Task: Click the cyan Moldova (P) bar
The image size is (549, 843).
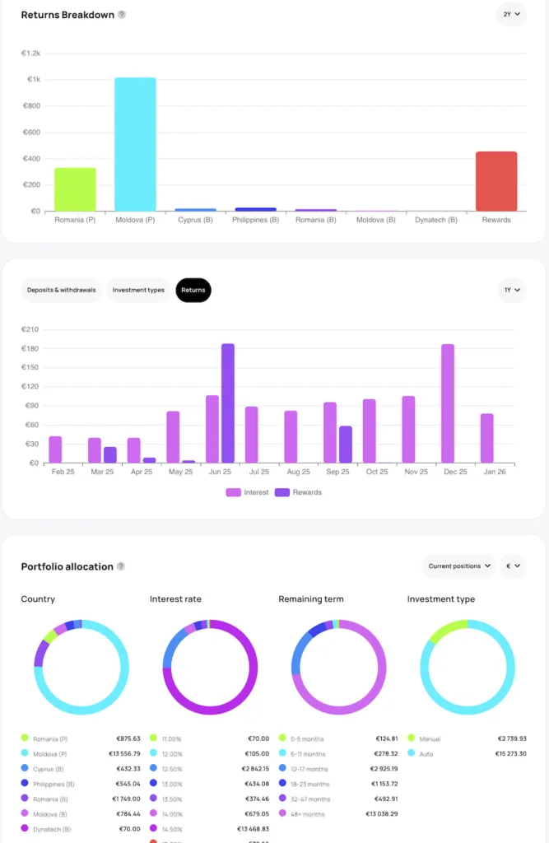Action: [135, 144]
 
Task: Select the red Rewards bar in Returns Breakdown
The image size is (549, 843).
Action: [496, 181]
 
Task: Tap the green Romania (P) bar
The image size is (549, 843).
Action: [75, 189]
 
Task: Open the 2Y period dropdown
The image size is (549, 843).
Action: [511, 14]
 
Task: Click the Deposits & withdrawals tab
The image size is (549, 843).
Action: [61, 290]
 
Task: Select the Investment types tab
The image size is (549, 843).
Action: [138, 290]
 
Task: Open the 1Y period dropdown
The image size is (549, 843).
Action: [511, 290]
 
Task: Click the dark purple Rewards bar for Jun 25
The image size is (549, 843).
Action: [228, 403]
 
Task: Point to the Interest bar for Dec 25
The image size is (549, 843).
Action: [448, 403]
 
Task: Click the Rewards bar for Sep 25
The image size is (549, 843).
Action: [346, 445]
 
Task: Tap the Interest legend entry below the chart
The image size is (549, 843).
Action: [248, 492]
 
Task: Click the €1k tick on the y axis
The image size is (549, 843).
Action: [34, 80]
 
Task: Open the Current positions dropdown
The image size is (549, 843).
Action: [459, 566]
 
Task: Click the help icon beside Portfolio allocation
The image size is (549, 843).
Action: [121, 566]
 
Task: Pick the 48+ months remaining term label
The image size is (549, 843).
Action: [308, 813]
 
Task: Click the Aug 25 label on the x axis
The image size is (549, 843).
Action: [297, 473]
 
